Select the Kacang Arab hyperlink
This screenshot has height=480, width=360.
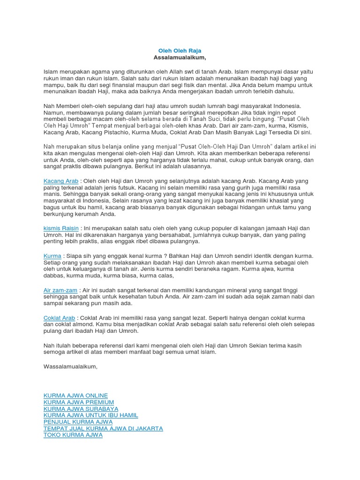(x=61, y=181)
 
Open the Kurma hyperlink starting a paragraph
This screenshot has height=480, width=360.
(x=52, y=256)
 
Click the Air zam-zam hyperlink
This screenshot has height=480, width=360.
(x=60, y=290)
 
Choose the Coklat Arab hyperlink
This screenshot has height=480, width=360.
(x=59, y=318)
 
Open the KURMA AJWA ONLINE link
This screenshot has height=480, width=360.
(x=75, y=396)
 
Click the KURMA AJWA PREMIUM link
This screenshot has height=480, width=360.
(x=79, y=402)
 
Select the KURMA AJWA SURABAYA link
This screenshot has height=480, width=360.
(x=81, y=409)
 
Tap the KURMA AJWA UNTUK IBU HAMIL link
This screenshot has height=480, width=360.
(x=91, y=415)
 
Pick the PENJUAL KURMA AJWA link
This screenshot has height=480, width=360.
(x=78, y=422)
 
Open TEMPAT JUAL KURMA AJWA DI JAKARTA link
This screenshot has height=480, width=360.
(x=103, y=428)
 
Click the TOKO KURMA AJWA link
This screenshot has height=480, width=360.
(x=73, y=435)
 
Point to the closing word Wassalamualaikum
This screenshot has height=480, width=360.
(x=70, y=366)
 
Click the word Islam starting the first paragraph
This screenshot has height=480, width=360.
(x=50, y=72)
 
